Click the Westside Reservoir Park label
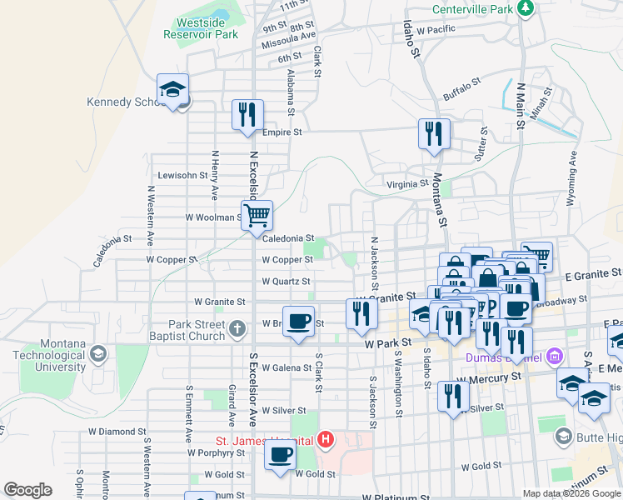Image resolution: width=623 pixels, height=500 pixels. [207, 28]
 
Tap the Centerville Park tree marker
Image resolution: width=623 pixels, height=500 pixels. [525, 9]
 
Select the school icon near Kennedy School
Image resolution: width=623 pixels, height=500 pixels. [173, 90]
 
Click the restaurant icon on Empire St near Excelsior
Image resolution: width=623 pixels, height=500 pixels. [247, 115]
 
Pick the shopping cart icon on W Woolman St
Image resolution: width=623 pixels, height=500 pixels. [257, 216]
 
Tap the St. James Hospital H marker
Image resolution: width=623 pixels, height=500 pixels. [326, 439]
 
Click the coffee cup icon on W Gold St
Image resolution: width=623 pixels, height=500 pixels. [281, 455]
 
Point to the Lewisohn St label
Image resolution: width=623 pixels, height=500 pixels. [182, 176]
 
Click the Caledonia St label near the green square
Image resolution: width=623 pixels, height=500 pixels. [287, 238]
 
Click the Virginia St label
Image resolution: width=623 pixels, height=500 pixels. [407, 184]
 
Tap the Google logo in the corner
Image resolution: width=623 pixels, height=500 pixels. [27, 490]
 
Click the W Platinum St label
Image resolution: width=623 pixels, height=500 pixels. [396, 497]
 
